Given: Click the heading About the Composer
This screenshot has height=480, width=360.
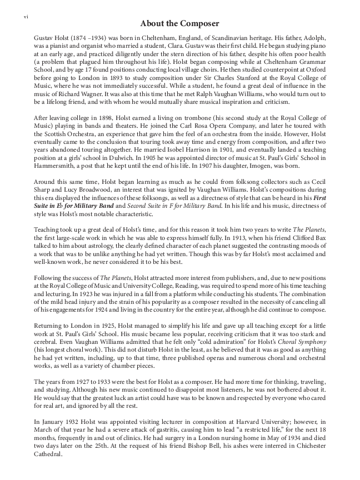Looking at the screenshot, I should [179, 23].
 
